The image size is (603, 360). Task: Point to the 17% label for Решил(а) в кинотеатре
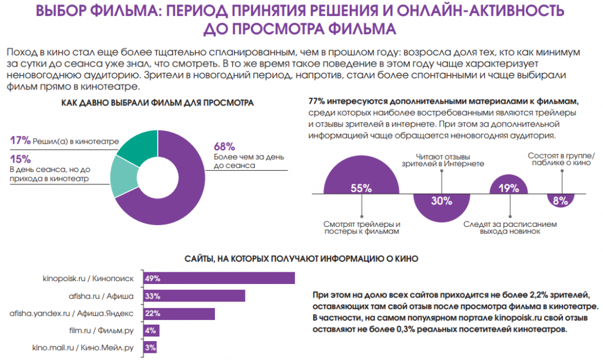20,140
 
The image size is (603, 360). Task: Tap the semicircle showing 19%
509,184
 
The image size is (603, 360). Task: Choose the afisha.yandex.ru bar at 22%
177,313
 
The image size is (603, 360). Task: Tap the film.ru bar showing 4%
150,331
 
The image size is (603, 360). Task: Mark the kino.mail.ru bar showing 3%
149,348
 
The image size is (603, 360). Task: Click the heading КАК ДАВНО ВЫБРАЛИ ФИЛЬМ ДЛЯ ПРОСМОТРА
157,104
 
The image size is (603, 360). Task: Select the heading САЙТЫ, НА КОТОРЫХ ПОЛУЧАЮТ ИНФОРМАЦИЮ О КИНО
301,259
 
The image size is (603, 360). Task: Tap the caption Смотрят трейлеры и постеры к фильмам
362,228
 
